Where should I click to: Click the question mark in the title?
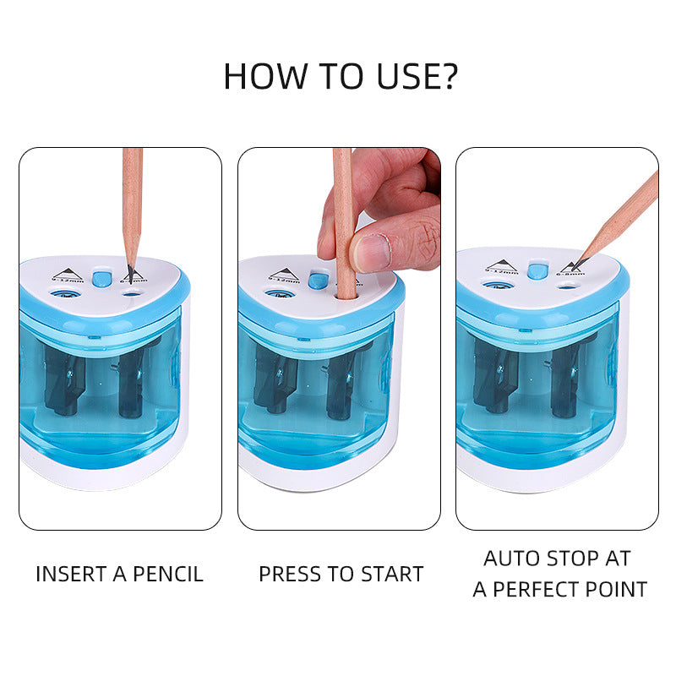tap(446, 76)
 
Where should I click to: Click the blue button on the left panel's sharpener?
tap(101, 279)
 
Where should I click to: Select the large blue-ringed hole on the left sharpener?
tap(62, 295)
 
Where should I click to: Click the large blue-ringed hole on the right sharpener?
tap(499, 286)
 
